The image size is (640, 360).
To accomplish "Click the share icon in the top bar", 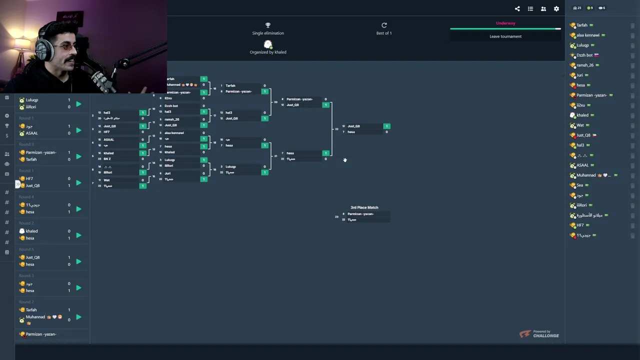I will click(517, 8).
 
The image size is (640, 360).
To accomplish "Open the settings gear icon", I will click(556, 8).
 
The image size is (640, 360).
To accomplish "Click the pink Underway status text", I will click(505, 23).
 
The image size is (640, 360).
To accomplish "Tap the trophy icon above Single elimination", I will click(268, 25).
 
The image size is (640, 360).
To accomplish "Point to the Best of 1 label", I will click(384, 33).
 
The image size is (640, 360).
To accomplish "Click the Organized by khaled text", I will click(268, 52).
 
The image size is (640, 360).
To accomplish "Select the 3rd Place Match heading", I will click(364, 207).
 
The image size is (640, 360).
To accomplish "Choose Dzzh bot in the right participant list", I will click(584, 55).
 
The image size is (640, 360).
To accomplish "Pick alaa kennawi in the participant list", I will click(587, 35).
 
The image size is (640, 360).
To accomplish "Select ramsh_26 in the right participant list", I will click(585, 65).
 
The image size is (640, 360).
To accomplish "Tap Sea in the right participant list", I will click(580, 185).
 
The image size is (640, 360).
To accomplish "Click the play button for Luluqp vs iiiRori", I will click(78, 104).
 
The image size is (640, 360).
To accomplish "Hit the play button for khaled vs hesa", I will click(78, 235).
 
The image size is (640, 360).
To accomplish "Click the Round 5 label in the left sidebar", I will click(26, 249).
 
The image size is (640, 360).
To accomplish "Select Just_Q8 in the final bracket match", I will click(354, 126).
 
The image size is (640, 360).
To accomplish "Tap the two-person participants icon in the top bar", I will click(543, 8).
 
